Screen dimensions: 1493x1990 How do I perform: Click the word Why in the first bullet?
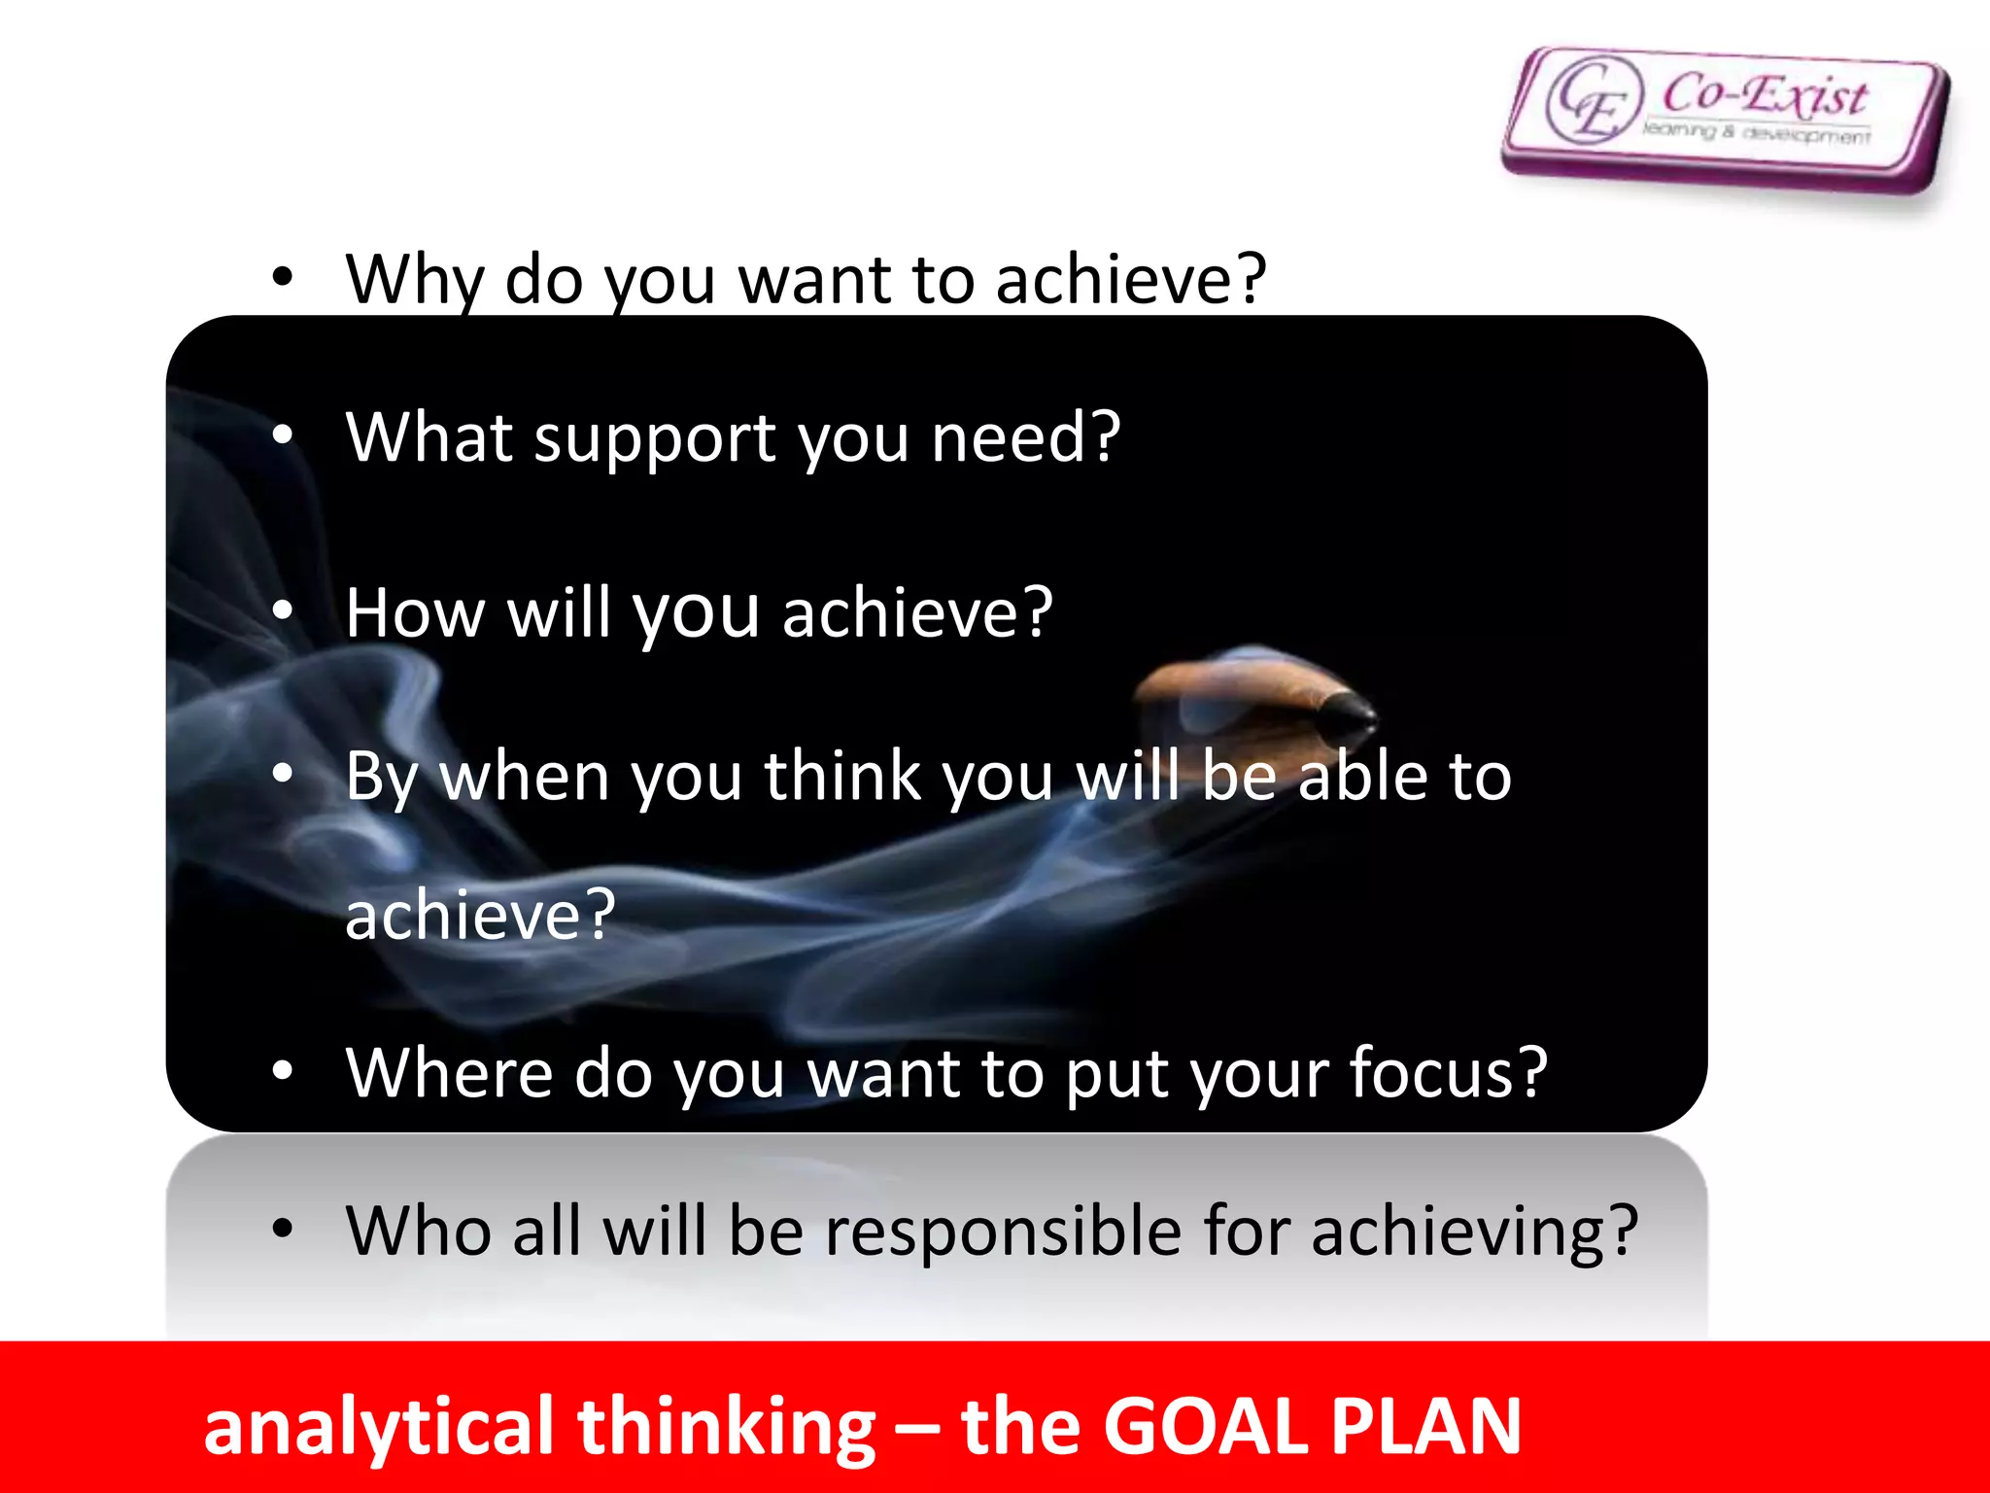click(x=414, y=280)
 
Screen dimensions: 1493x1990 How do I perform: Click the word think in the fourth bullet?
click(x=841, y=777)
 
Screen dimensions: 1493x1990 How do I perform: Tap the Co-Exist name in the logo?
click(x=1764, y=94)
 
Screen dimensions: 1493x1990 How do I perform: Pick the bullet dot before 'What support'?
click(x=282, y=436)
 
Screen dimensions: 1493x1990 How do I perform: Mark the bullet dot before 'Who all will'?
click(x=282, y=1230)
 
